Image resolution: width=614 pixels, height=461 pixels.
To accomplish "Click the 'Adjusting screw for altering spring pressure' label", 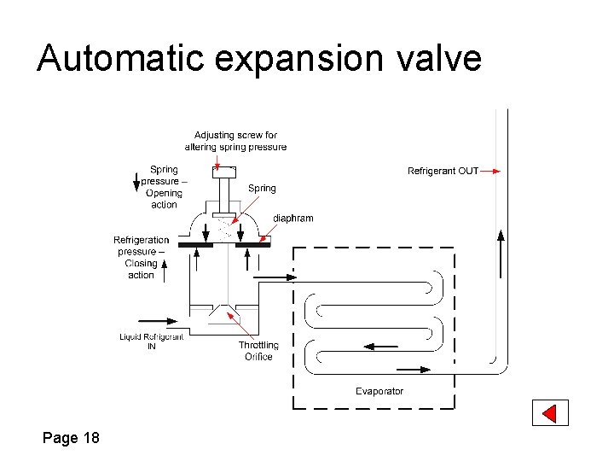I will point(235,141).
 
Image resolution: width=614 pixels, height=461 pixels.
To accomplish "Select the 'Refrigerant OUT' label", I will point(443,171).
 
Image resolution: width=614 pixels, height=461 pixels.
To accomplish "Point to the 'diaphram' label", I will point(293,218).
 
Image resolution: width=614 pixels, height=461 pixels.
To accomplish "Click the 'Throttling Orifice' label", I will point(258,351).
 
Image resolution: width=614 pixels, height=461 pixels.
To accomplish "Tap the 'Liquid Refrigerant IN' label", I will point(151,341).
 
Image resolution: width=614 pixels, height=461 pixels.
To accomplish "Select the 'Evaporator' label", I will point(379,391).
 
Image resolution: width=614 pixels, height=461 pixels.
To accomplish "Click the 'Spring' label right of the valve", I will point(262,188).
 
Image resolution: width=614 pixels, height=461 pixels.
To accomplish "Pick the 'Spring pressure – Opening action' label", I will point(164,187).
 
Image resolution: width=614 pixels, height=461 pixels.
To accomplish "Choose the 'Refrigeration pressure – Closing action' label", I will point(142,257).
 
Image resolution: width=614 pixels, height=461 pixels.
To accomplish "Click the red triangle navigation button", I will point(550,413).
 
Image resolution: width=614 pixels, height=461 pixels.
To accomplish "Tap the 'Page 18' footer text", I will point(71,438).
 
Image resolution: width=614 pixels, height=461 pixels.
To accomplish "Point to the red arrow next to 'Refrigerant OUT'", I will point(489,171).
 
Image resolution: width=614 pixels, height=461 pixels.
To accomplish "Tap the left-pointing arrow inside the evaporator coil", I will point(380,347).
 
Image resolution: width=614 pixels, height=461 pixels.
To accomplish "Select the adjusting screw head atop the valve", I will point(223,172).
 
